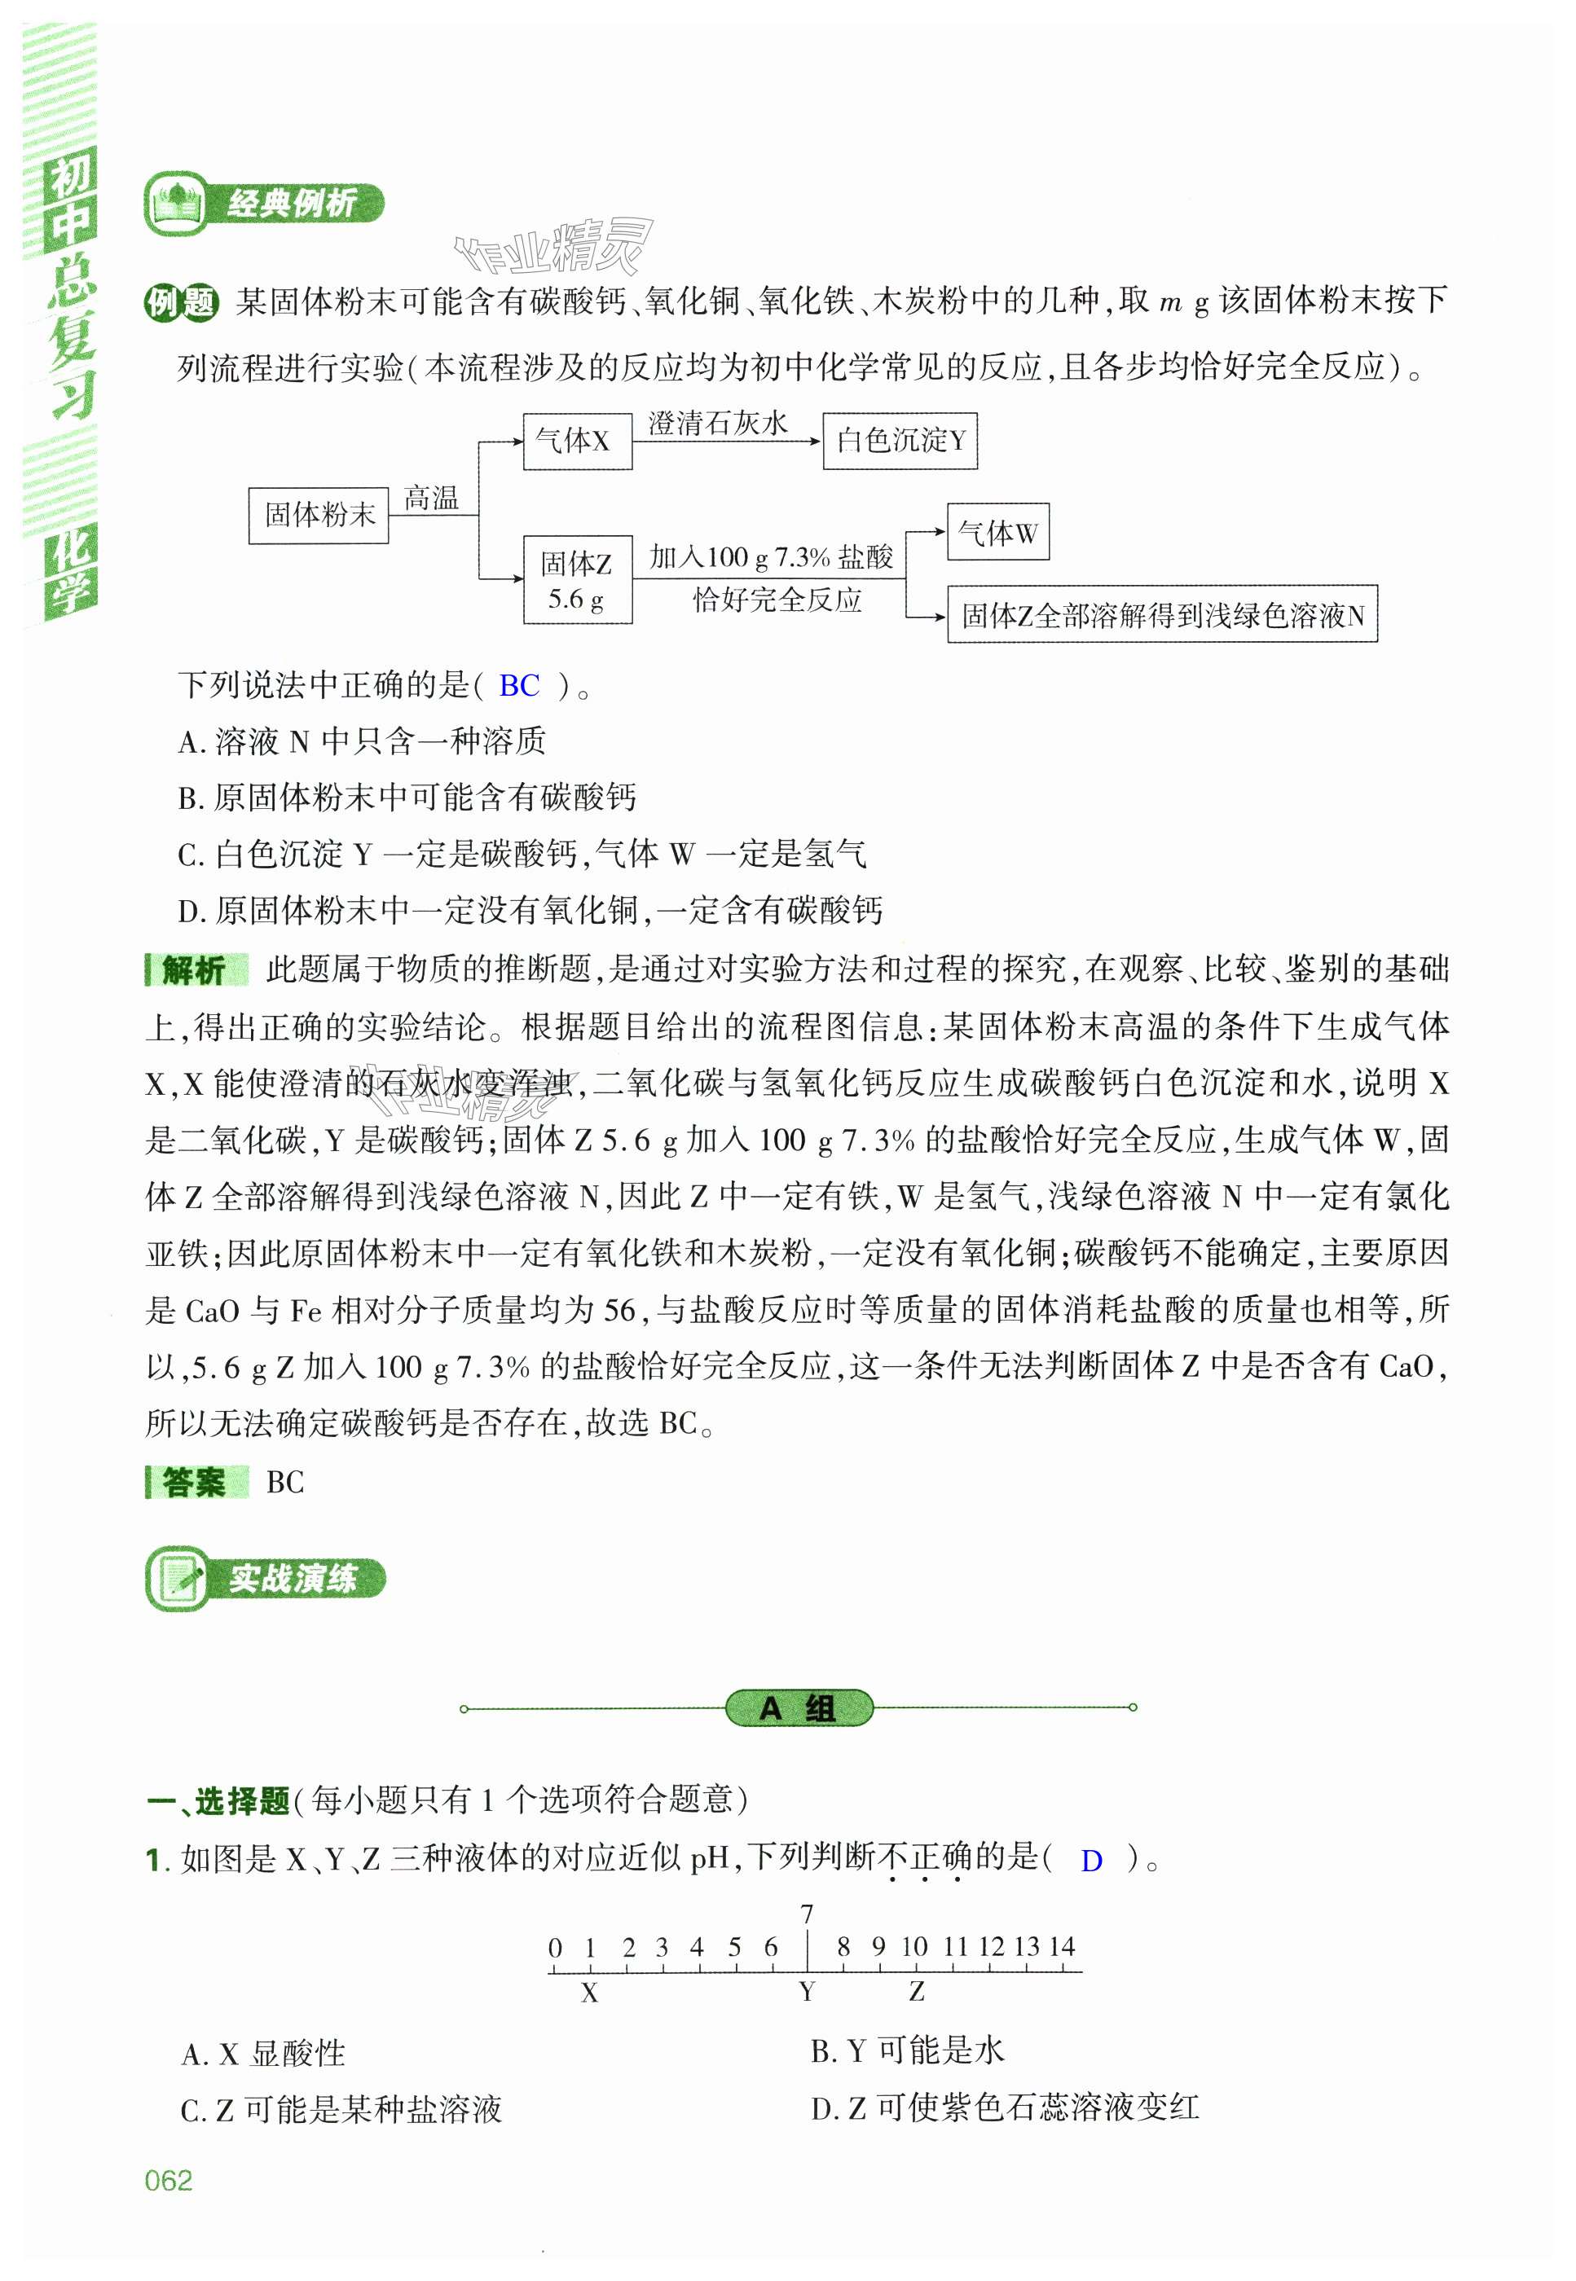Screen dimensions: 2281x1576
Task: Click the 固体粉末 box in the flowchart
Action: (318, 514)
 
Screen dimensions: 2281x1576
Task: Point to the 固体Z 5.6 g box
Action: (577, 580)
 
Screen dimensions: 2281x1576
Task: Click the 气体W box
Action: (997, 533)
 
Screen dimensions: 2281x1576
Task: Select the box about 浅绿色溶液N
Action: (1161, 615)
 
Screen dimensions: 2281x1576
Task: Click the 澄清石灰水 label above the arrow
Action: (718, 424)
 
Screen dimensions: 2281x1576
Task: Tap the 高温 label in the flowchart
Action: (432, 499)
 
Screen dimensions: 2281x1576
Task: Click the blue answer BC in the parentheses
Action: (519, 685)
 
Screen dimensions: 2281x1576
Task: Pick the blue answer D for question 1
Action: (1091, 1861)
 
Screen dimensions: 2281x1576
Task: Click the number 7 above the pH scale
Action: (807, 1913)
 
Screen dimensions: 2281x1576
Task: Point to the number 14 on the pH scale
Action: (1062, 1946)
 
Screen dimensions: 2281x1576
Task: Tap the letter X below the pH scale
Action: (589, 1993)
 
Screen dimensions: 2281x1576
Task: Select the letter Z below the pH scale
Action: (917, 1992)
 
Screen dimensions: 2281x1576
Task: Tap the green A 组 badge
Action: (799, 1707)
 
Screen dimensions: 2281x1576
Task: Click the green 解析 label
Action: (195, 970)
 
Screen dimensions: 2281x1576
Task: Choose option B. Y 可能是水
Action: (906, 2051)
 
